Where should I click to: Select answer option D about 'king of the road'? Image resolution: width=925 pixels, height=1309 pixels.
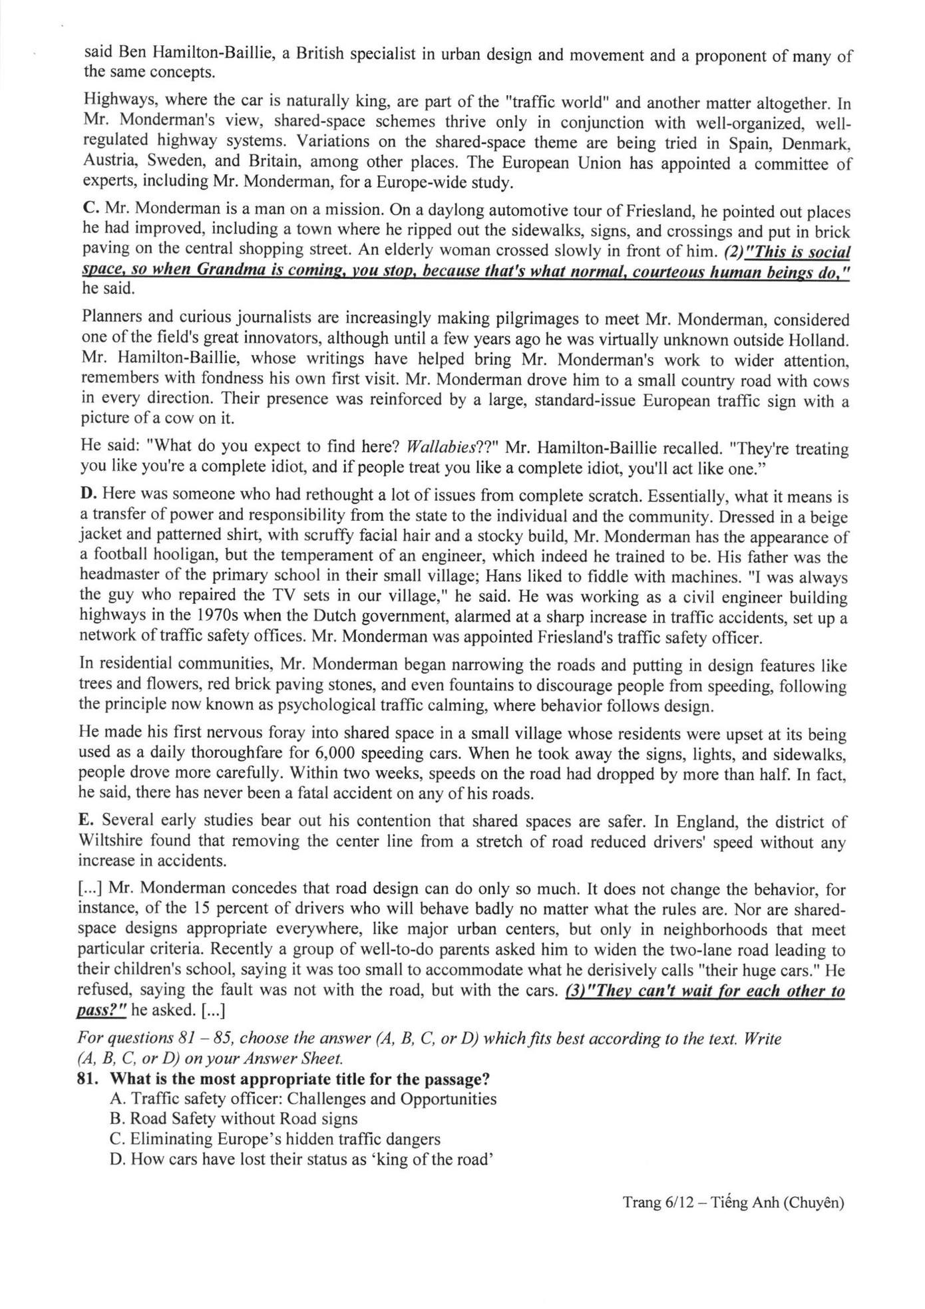[x=301, y=1159]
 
